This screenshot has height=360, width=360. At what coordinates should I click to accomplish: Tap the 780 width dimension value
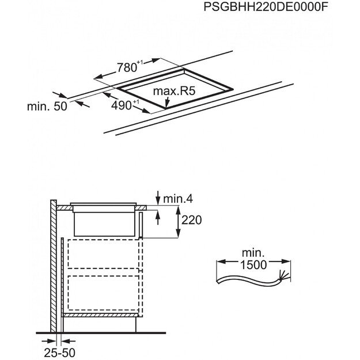click(127, 68)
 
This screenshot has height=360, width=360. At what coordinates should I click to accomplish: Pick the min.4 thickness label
click(176, 199)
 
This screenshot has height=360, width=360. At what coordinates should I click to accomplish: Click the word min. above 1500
click(253, 253)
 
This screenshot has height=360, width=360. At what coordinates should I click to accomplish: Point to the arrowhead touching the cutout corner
click(166, 105)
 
